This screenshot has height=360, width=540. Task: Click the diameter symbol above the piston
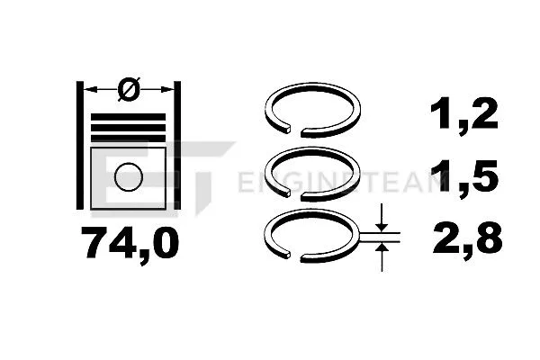128,88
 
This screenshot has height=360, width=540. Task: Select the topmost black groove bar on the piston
128,115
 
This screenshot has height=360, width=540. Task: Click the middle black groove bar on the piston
128,127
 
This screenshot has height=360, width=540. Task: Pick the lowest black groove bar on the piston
128,138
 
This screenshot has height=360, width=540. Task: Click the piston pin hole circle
128,175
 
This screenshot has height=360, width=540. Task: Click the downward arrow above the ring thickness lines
382,220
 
